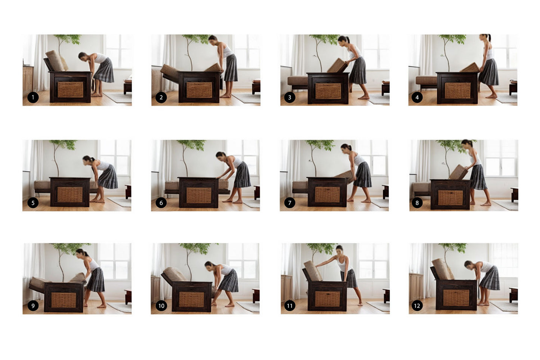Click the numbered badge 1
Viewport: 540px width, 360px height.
pos(33,98)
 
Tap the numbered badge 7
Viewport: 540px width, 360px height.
pos(290,203)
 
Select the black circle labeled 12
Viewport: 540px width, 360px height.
pos(417,306)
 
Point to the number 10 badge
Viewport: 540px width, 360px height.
pos(161,306)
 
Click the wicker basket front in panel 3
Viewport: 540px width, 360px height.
pos(328,91)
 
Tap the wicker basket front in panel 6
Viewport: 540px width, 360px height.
pos(199,195)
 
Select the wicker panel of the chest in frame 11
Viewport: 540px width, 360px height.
pos(327,299)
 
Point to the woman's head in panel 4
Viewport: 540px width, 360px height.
pos(485,37)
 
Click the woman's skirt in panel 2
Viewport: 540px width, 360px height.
pos(231,68)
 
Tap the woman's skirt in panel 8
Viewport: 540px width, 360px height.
pos(479,177)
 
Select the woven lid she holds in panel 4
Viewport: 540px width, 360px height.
pos(470,68)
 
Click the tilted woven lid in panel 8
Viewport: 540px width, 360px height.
pos(458,172)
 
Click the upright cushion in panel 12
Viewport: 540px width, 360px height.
pos(442,269)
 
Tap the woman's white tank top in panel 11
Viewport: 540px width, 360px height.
pos(343,264)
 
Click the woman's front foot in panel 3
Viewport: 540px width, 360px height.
pos(364,98)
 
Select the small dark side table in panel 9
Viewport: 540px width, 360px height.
pos(128,296)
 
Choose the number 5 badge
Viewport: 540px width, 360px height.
pos(33,203)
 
